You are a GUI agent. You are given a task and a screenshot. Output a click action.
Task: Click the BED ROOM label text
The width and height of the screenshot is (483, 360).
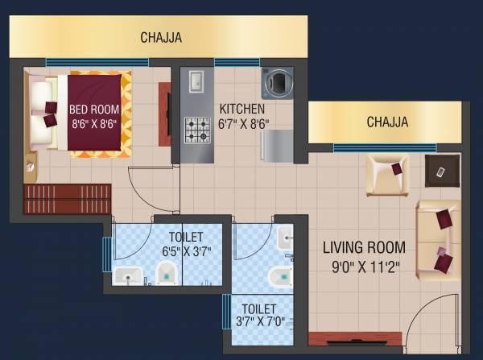(x=94, y=110)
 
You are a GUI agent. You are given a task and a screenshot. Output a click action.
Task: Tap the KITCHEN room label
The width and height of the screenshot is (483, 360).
(x=242, y=109)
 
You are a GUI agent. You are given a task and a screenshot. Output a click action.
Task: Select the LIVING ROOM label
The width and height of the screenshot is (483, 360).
(x=364, y=247)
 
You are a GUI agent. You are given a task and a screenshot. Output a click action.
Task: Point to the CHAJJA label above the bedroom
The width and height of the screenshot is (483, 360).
(x=161, y=38)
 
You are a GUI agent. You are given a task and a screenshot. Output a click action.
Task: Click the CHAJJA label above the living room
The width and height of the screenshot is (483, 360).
(x=387, y=122)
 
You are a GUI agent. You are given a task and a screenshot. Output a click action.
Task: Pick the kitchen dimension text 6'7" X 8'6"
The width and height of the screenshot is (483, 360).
(x=244, y=124)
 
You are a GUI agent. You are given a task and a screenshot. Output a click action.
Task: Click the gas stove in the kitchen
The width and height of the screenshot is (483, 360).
(x=197, y=130)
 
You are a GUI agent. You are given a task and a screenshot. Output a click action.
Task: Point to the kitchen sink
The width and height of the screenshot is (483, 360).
(x=196, y=81)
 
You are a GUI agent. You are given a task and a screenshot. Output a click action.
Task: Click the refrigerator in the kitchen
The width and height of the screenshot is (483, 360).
(x=277, y=144)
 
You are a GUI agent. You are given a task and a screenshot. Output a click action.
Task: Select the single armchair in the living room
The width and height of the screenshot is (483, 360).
(x=388, y=174)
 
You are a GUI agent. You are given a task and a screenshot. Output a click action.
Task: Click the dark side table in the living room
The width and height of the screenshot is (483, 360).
(x=442, y=171)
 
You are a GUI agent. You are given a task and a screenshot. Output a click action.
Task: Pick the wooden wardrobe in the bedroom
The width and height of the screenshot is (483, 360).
(x=56, y=199)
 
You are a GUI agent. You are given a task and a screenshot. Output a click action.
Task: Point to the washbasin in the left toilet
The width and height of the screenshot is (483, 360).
(x=127, y=276)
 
